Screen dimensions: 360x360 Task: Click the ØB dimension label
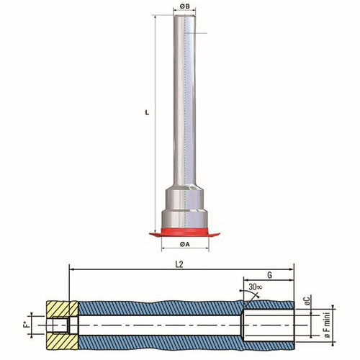coord(184,6)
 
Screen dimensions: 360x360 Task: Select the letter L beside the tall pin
coord(148,112)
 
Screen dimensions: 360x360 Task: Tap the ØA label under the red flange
coord(185,244)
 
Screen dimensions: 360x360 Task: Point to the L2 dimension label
coord(179,264)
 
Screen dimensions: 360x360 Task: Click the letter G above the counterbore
coord(269,275)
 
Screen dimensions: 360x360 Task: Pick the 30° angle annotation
coord(255,287)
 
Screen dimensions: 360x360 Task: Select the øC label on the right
coord(307,301)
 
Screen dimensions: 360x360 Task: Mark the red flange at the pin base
coord(184,232)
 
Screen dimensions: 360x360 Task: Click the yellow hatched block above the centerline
coord(62,308)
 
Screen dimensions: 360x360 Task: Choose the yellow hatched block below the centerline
coord(62,341)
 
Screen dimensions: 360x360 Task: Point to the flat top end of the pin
coord(184,16)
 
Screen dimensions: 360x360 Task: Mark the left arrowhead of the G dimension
coord(246,279)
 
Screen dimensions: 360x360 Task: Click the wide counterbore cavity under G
coord(269,325)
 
